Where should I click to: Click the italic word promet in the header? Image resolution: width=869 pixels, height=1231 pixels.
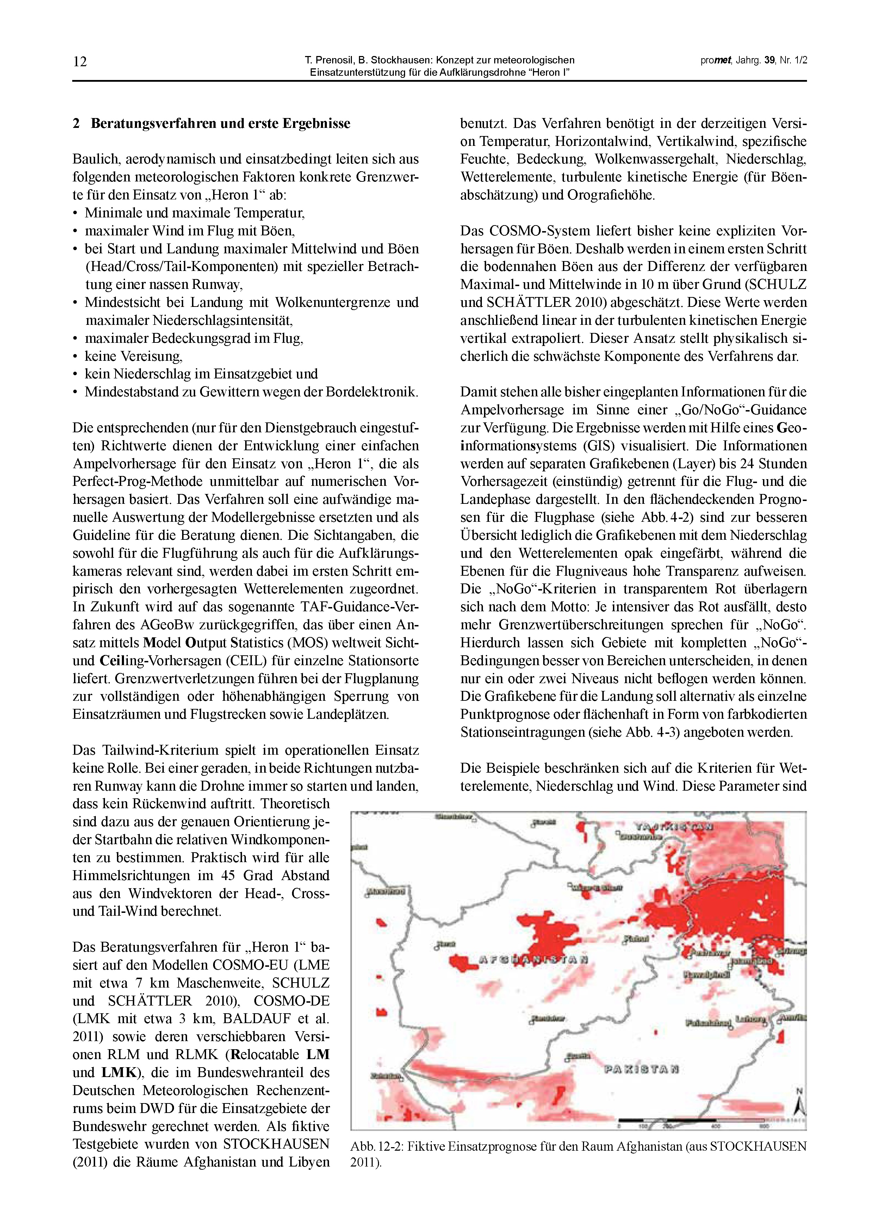(x=716, y=61)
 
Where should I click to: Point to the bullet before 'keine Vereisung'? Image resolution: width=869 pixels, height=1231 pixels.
(x=76, y=357)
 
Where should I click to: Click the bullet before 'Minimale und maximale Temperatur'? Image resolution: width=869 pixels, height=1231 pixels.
(x=76, y=214)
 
